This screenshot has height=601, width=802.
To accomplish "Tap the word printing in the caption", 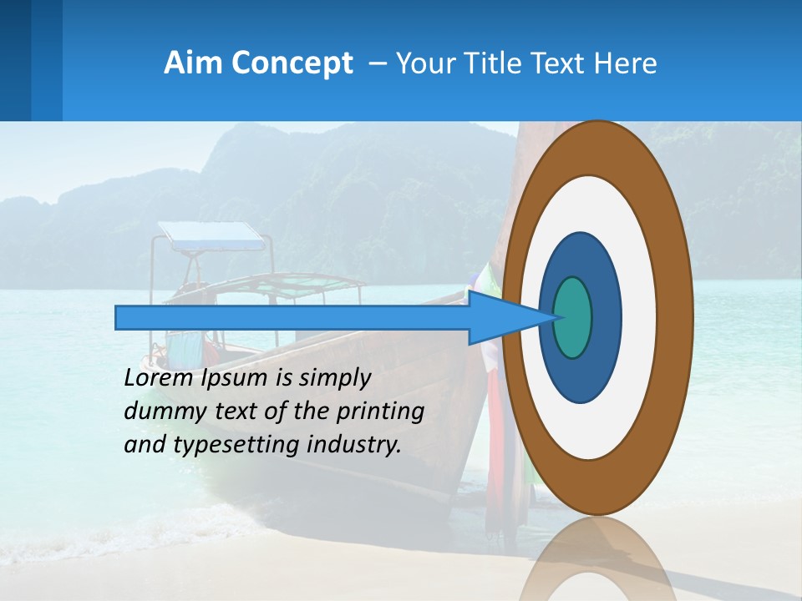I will pyautogui.click(x=380, y=412).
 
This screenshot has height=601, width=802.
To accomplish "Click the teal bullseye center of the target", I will pyautogui.click(x=573, y=317).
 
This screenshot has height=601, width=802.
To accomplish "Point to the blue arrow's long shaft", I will pyautogui.click(x=292, y=318).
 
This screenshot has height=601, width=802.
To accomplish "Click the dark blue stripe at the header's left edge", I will pyautogui.click(x=15, y=60).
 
